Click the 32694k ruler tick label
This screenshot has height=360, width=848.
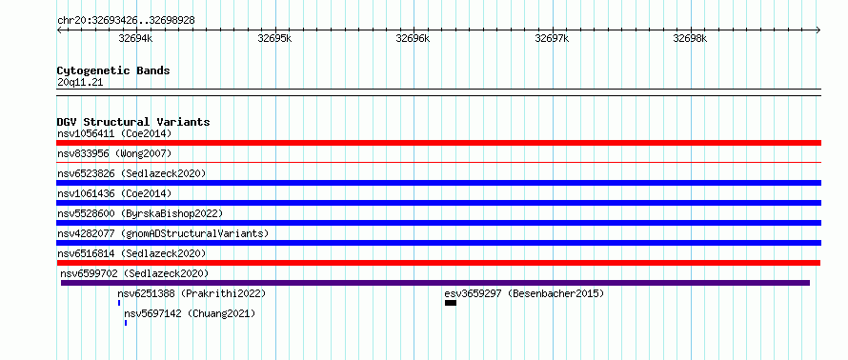pos(135,38)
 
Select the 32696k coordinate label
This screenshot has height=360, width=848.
pos(413,38)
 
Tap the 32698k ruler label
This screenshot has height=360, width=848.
pos(690,38)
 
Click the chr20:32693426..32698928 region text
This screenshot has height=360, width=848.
pos(126,21)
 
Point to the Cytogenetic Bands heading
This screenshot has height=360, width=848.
pos(113,70)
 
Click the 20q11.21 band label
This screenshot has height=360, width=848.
pos(80,83)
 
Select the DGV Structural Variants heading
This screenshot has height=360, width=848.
pos(133,122)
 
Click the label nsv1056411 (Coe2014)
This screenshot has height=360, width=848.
pos(114,133)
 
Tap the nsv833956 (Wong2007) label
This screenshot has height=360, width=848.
pos(114,153)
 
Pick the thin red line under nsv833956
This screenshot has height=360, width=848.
pos(438,162)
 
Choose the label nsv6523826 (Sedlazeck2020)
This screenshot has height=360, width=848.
pos(131,173)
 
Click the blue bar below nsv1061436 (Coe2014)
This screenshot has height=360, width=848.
pos(438,203)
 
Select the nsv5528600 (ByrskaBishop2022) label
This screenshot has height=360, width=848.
pos(140,213)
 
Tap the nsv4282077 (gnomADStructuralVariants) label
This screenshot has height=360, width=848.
pos(163,233)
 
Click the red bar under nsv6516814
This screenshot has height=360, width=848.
pos(438,263)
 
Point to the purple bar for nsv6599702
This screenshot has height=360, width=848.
pos(435,283)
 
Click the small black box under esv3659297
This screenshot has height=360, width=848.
pos(451,303)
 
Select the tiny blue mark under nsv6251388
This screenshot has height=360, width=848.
pos(119,303)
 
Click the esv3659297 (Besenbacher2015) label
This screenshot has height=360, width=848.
pos(524,293)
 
